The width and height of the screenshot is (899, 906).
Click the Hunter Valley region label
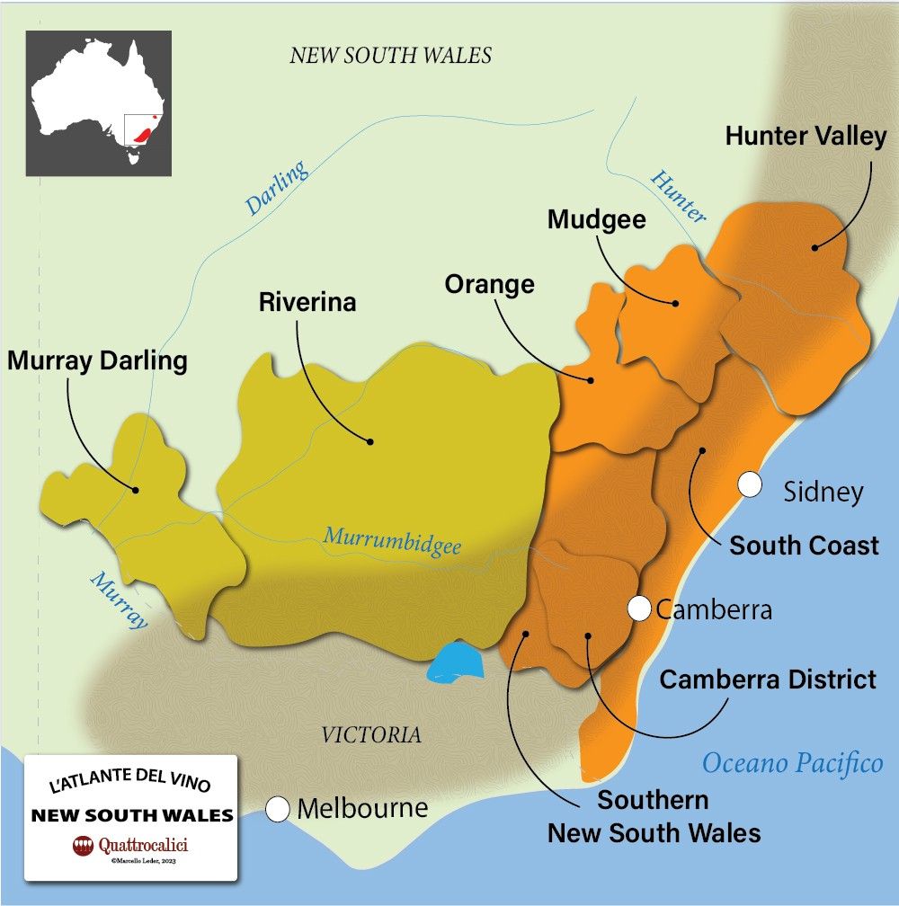coord(806,137)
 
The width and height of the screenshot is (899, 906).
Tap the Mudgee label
coord(597,219)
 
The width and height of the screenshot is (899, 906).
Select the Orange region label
coord(489,284)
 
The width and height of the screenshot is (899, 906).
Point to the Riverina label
coord(307,302)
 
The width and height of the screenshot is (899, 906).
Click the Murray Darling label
coord(97,361)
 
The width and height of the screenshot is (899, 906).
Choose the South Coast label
coord(804,546)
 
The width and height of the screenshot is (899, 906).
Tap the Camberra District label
coord(768,679)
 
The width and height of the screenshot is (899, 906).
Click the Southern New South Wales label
coord(654,816)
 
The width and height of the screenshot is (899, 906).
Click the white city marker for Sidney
coord(750,485)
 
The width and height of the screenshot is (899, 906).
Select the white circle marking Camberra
coord(639,608)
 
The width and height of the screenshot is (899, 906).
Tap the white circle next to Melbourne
coord(279,809)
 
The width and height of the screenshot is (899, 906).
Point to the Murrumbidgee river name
coord(392,542)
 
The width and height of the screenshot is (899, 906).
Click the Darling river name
coord(277,188)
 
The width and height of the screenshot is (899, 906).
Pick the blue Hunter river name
coord(677,195)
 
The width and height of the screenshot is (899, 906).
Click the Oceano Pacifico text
coord(792,763)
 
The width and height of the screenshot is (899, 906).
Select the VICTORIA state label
coord(371,734)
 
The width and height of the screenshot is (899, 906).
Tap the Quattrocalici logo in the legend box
coord(130,846)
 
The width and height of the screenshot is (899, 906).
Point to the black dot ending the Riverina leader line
coord(369,441)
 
